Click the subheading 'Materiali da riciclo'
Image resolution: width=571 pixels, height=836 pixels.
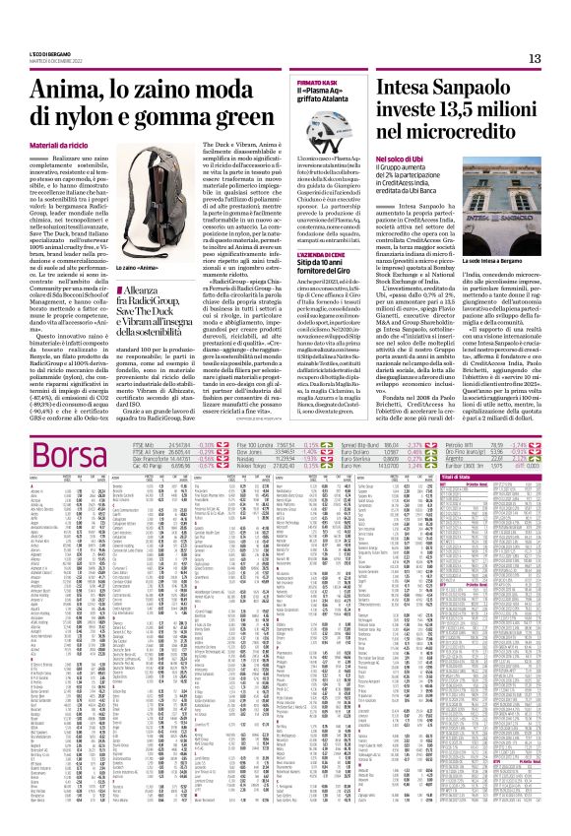click(x=61, y=146)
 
